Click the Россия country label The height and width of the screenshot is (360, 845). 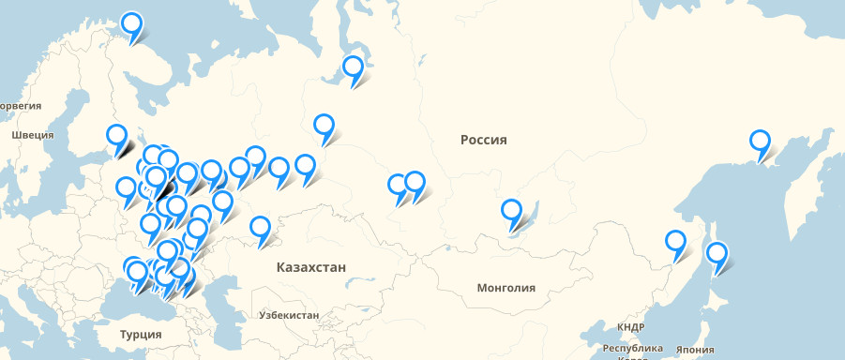pos(483,140)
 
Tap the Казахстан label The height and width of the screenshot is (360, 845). pos(311,267)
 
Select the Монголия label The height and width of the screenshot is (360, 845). pos(506,288)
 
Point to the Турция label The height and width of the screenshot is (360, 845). pos(141,334)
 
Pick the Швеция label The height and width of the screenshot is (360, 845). pos(33,135)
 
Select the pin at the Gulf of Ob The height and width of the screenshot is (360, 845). pos(353,67)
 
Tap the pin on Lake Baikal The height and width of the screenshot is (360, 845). pos(511,211)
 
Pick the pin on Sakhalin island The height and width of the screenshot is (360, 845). pos(717,253)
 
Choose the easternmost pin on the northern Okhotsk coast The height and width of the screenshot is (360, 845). pos(760,142)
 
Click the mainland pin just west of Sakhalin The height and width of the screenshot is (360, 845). pos(675,242)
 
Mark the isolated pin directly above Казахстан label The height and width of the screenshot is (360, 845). pos(261,228)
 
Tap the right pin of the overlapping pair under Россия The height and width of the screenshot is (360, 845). pos(415,184)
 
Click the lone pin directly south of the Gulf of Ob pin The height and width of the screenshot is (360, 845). pos(324,126)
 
